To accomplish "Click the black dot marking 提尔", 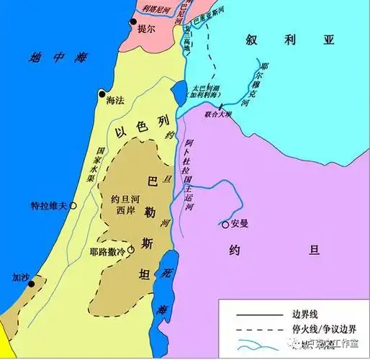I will [132, 23].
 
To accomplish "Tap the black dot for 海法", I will [102, 94].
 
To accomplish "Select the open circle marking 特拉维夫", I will [73, 205].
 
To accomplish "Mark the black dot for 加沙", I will [30, 284].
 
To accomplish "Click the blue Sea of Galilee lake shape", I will [178, 92].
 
